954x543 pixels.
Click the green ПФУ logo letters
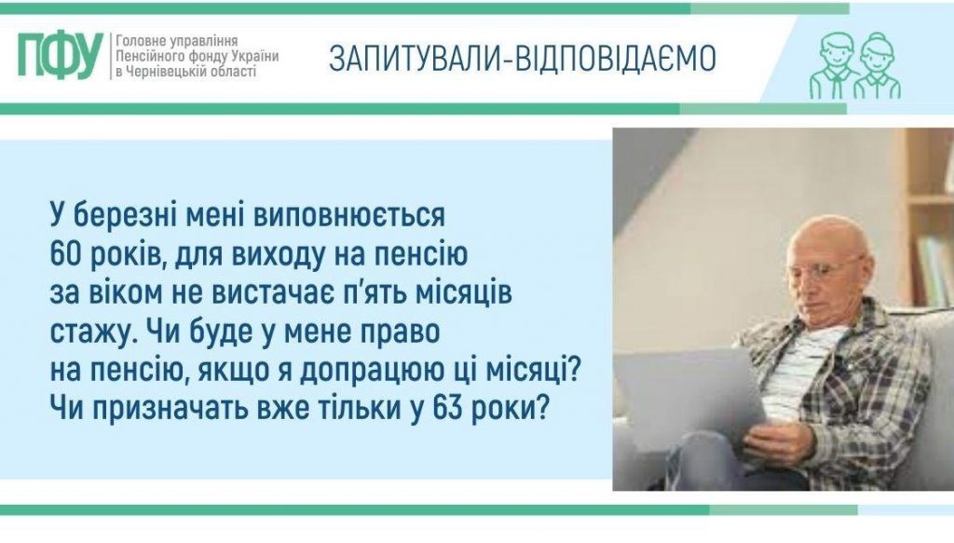coord(59,57)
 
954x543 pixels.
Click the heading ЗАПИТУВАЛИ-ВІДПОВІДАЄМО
coord(522,59)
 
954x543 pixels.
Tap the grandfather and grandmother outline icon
coord(854,66)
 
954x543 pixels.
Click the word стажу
coord(82,331)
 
